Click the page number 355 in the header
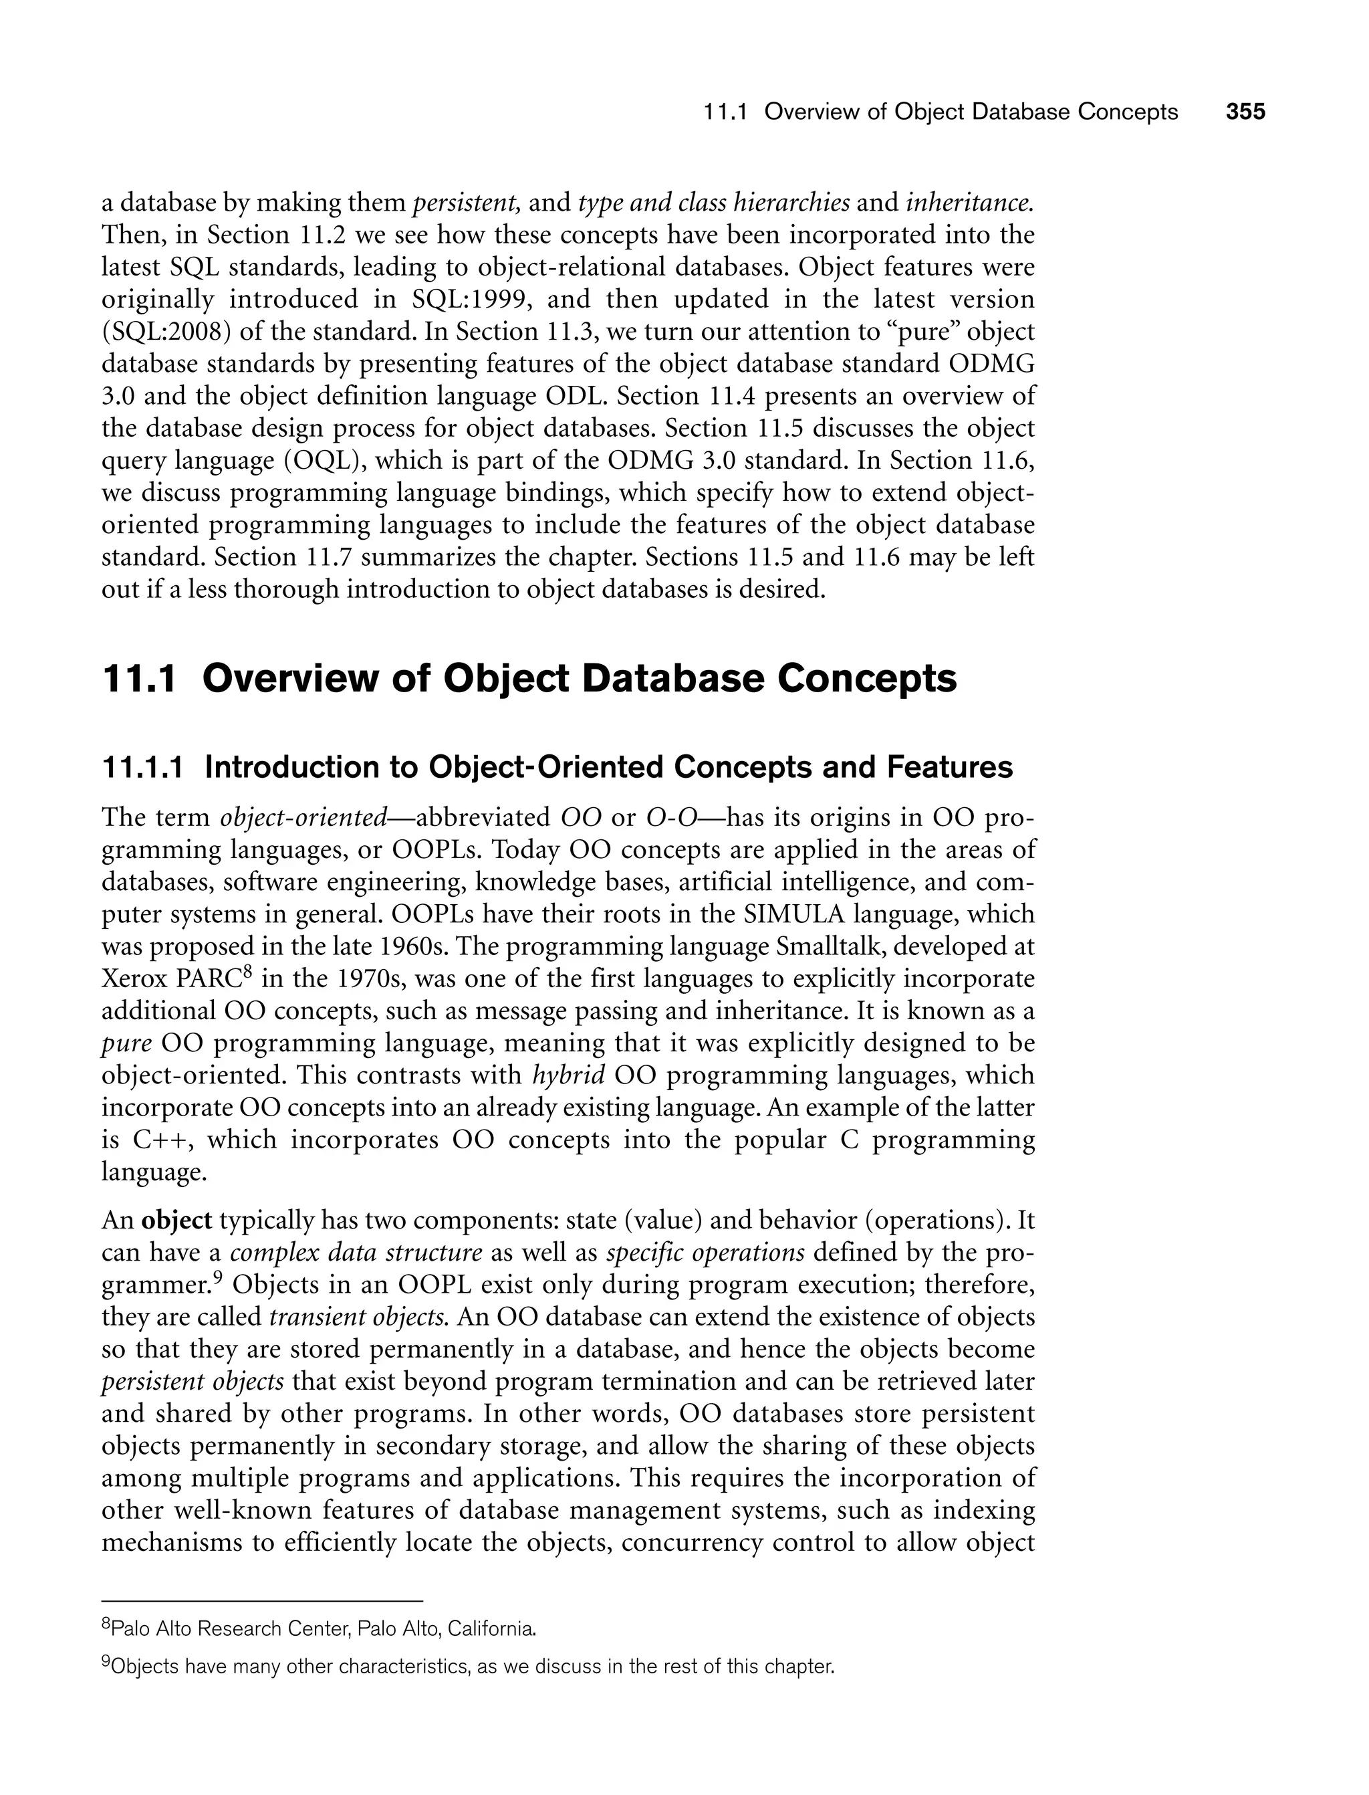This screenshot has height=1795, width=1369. [1246, 112]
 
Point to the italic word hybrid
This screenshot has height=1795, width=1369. [568, 1075]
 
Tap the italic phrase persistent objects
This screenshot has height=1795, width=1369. [193, 1382]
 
